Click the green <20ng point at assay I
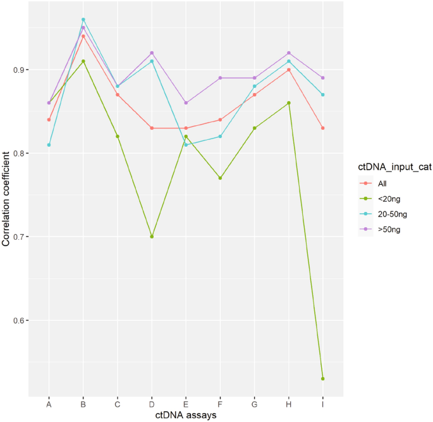(323, 378)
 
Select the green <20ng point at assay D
(152, 237)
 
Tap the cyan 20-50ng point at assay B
(83, 20)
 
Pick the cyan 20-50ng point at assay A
(49, 145)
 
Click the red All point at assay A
(49, 120)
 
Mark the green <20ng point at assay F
(220, 178)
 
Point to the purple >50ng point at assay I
(323, 78)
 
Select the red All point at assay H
(289, 70)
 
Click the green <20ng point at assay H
(289, 102)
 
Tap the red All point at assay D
(152, 128)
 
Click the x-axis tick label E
(186, 402)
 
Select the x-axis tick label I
(323, 402)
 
